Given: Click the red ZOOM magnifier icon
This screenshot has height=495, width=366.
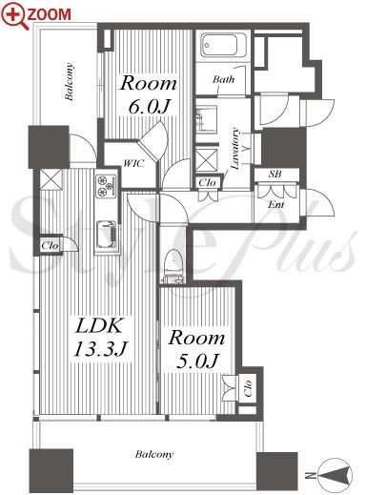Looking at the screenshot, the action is (14, 16).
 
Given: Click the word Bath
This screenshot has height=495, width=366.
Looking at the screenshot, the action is (223, 79).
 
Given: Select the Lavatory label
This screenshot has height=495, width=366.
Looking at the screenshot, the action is (235, 148).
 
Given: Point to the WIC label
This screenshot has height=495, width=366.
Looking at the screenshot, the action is (133, 163).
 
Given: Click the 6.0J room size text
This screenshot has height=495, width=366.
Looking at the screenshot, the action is (149, 107).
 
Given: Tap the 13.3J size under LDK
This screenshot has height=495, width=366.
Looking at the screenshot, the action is (100, 348).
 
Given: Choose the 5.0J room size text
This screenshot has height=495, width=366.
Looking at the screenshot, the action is (197, 361).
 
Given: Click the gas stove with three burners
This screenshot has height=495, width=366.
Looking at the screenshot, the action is (107, 186).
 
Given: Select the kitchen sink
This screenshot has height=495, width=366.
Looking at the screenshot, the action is (106, 234).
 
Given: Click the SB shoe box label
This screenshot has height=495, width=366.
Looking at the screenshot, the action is (274, 175).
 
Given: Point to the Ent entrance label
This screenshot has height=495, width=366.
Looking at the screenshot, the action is (275, 204).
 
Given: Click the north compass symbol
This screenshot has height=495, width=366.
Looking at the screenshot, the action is (335, 475).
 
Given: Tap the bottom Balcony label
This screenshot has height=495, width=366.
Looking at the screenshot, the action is (154, 454).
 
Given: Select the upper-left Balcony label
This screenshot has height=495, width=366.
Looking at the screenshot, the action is (70, 82).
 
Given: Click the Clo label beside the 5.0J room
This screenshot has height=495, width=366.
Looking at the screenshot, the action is (248, 388).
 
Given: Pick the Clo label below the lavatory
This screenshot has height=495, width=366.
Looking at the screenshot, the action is (207, 182).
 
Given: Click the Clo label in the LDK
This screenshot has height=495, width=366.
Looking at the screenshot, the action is (50, 245).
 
